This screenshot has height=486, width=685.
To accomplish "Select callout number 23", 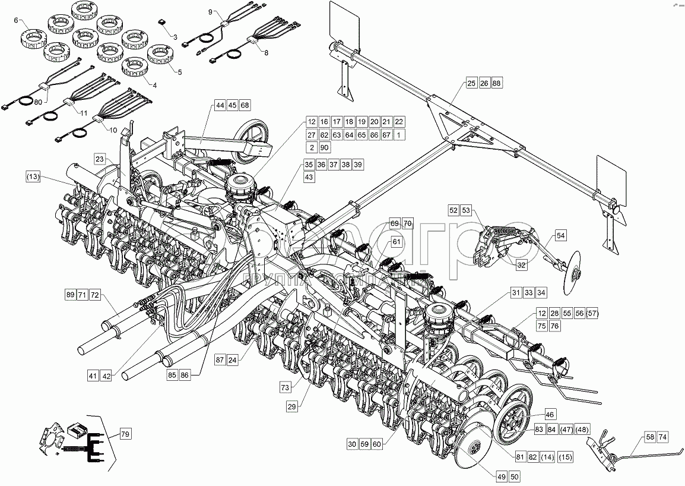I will point(100,159).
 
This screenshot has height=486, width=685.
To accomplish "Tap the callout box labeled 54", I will point(561,236).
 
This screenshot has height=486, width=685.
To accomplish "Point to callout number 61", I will point(397,242).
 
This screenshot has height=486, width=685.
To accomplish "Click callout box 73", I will point(286,387).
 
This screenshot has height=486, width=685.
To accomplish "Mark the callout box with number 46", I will point(550,415).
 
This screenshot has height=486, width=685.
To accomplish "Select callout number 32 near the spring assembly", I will point(521,266).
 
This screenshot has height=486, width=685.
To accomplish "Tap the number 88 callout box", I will point(497,83).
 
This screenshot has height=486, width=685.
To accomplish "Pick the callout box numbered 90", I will point(324,147).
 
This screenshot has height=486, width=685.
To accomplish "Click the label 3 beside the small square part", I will point(175,37).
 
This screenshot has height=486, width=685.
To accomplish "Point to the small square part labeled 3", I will point(162,21).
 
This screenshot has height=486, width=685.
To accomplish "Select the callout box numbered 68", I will point(245,105).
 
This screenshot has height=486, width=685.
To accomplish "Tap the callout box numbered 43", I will point(309,177).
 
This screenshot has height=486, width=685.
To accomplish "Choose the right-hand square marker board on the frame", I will point(611,179).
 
